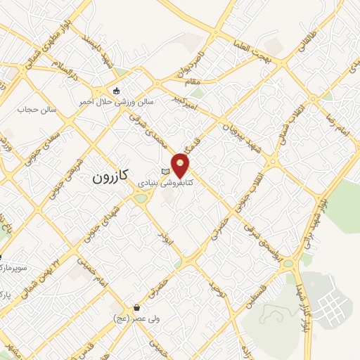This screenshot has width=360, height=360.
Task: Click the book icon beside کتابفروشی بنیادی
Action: (166, 171)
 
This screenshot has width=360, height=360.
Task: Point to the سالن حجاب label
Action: (37, 109)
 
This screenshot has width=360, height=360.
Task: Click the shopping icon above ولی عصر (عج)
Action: (136, 307)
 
